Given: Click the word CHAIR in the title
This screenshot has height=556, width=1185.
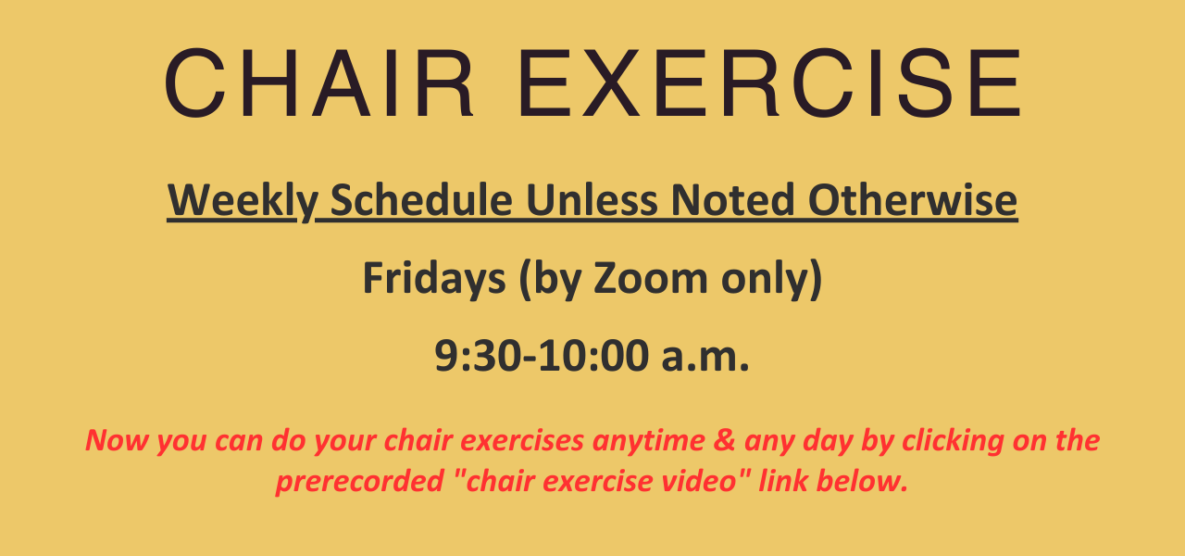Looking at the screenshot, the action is point(319,83).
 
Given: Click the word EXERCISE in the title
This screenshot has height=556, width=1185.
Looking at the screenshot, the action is point(769,83).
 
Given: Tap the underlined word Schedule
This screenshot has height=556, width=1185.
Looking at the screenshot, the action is point(421,199).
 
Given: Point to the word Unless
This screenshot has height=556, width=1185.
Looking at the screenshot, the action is point(592,199).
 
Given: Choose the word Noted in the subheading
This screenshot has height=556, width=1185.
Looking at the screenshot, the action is point(732,199).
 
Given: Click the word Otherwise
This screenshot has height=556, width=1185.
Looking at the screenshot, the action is point(913,199).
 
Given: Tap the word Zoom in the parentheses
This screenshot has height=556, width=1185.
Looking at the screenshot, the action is point(650,278).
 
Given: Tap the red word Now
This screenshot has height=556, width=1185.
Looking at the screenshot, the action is point(117,440).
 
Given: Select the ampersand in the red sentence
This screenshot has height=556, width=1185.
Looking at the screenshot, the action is point(724,440).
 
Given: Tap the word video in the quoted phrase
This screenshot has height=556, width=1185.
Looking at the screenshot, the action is point(704,481).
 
